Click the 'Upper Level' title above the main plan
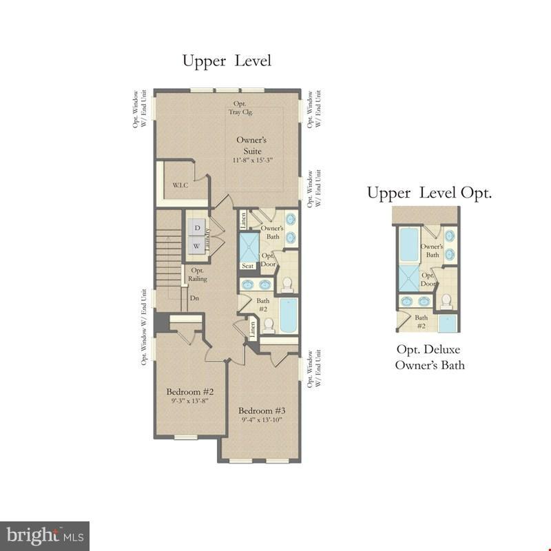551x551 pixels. tap(227, 61)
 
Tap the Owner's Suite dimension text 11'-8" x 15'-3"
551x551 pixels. tap(253, 160)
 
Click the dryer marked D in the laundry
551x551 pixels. tap(197, 227)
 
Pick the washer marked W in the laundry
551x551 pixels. tap(196, 246)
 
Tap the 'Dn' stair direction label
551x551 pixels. tap(194, 298)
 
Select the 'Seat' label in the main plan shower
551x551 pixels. tap(247, 266)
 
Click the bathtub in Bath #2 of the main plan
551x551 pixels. tap(289, 315)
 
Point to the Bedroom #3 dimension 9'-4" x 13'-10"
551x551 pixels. tap(262, 419)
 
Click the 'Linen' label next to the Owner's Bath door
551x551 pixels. tap(244, 220)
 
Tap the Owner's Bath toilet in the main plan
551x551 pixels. tap(287, 284)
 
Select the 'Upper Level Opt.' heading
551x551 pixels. tap(429, 193)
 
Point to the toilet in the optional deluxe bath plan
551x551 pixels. tap(446, 300)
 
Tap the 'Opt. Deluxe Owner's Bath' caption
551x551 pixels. tap(429, 357)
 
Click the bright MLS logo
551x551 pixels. tap(45, 536)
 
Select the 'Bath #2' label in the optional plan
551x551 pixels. tap(421, 322)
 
